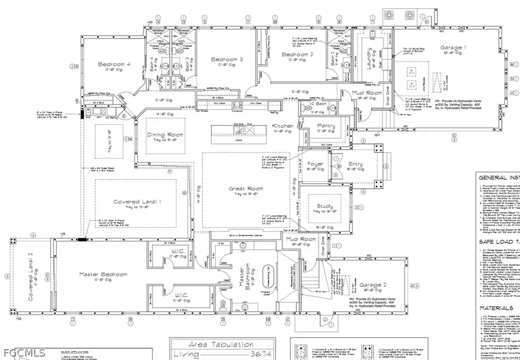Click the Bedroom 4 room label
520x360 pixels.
point(114,64)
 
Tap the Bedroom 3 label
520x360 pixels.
point(226,59)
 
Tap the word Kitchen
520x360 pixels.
point(282,125)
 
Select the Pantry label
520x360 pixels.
point(326,125)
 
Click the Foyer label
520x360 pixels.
point(315,164)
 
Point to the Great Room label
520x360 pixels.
point(246,189)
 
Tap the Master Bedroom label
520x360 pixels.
point(103,274)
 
